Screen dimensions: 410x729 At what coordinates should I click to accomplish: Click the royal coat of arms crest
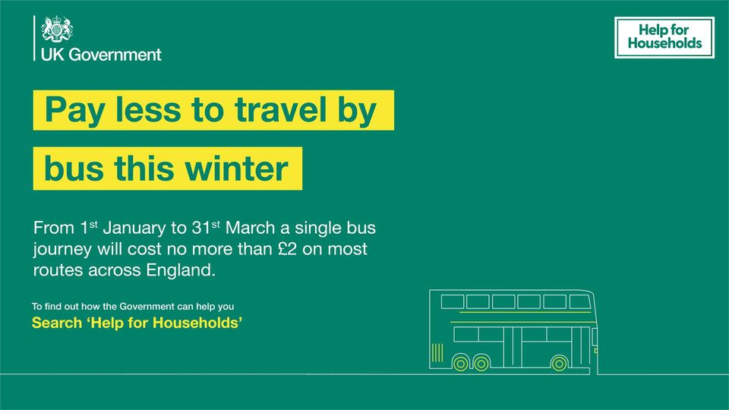(57, 31)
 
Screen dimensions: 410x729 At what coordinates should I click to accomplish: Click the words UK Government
(101, 55)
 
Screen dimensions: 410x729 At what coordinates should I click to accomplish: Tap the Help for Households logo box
(664, 38)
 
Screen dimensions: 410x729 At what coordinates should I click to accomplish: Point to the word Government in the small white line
(148, 307)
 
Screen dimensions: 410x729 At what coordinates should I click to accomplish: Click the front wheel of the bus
(559, 363)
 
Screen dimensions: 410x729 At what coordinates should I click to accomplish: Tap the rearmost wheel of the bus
(460, 363)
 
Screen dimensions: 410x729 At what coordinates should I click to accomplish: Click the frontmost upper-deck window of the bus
(578, 301)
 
